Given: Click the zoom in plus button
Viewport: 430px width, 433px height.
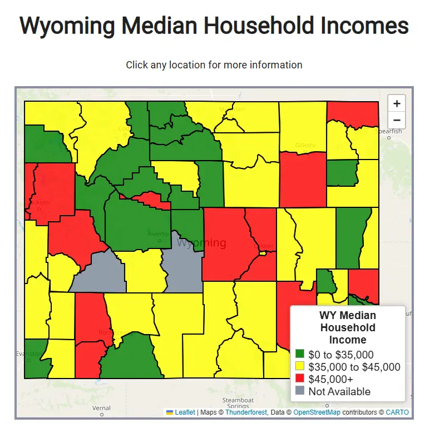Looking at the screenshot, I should [x=396, y=103].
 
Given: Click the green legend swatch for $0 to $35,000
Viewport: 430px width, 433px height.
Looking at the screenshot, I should [x=300, y=354].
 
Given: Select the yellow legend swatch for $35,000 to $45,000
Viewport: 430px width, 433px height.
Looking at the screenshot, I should [x=300, y=366].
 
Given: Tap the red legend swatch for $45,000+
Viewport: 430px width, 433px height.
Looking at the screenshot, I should [x=300, y=379].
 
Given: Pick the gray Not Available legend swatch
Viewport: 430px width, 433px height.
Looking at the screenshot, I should [x=300, y=391].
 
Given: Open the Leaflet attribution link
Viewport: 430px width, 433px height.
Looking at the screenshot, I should [x=185, y=412].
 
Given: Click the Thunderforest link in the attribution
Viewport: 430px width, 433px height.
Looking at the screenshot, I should [x=246, y=412].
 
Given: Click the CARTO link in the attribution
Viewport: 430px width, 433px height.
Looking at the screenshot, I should [x=397, y=412].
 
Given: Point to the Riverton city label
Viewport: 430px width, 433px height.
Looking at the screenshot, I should [x=158, y=234].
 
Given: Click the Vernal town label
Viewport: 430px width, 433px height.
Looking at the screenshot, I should [x=102, y=408].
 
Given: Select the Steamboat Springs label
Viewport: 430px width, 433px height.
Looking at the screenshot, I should [x=238, y=404].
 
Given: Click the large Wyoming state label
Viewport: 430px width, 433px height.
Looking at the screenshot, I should [x=201, y=243].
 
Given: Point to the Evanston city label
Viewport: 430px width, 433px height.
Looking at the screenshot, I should [x=29, y=354].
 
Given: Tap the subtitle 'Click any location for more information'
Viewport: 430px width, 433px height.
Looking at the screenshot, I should [x=214, y=65].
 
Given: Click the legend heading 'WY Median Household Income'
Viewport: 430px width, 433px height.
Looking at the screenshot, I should [x=348, y=327].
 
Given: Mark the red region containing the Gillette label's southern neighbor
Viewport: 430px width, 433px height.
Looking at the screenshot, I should [x=303, y=178].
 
